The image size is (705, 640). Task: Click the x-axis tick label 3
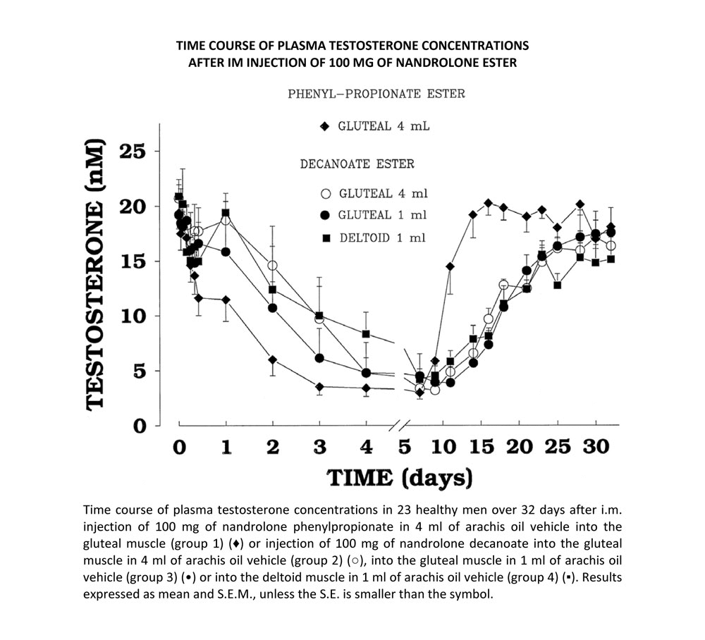pyautogui.click(x=319, y=448)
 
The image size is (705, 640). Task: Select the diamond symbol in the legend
pyautogui.click(x=325, y=128)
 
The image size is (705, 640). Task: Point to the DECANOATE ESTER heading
pyautogui.click(x=357, y=164)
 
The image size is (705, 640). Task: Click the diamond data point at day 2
pyautogui.click(x=272, y=360)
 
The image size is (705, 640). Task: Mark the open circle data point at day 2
pyautogui.click(x=272, y=266)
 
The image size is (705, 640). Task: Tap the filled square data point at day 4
pyautogui.click(x=366, y=334)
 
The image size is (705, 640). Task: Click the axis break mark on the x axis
pyautogui.click(x=400, y=426)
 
